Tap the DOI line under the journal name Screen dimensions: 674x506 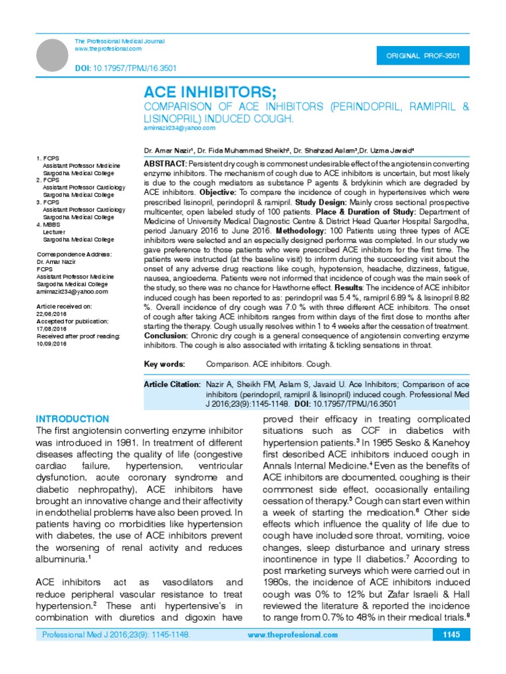coord(125,68)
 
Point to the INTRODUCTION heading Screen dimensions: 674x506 coord(72,419)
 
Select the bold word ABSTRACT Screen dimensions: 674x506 coord(165,163)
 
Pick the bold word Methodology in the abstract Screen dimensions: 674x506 coord(299,232)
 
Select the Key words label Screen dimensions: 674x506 coord(164,364)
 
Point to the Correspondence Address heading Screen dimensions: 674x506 coord(74,254)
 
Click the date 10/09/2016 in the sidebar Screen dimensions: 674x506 coord(53,343)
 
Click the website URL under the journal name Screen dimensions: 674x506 coord(108,49)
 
